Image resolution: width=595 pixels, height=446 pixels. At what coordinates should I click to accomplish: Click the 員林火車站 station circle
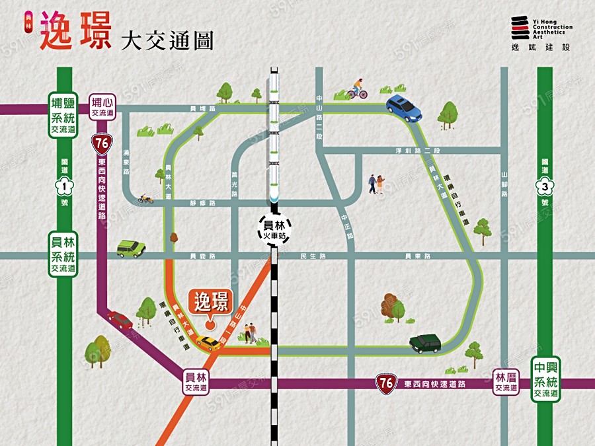click(272, 229)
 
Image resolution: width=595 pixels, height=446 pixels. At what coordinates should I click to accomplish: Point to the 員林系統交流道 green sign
click(63, 254)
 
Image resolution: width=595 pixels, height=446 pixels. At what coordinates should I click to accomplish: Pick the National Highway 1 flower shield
click(65, 186)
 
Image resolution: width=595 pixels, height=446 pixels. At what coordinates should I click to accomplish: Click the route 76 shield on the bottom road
click(387, 384)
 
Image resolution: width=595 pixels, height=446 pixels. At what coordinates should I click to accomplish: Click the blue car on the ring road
click(404, 108)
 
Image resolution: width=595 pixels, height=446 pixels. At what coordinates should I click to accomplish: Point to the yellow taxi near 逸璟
click(208, 342)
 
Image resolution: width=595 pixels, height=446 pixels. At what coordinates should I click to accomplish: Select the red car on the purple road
click(120, 320)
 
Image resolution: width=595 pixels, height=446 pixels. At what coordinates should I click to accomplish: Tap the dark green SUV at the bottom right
click(425, 344)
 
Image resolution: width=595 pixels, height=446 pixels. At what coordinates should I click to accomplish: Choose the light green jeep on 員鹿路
click(131, 248)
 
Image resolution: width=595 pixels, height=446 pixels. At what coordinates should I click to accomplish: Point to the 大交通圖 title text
click(167, 40)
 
